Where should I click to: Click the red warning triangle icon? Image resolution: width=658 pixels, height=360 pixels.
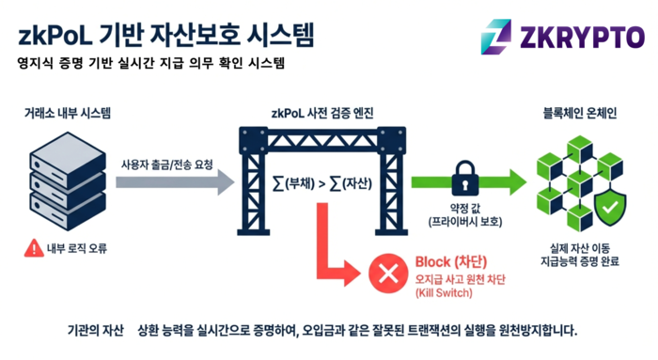35,248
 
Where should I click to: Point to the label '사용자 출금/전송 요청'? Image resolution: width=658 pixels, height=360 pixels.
166,164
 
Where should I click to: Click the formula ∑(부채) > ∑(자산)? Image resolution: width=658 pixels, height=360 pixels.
322,184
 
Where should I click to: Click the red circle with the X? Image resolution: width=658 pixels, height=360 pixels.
386,274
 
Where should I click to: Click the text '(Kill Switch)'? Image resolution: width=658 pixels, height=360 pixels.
446,293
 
